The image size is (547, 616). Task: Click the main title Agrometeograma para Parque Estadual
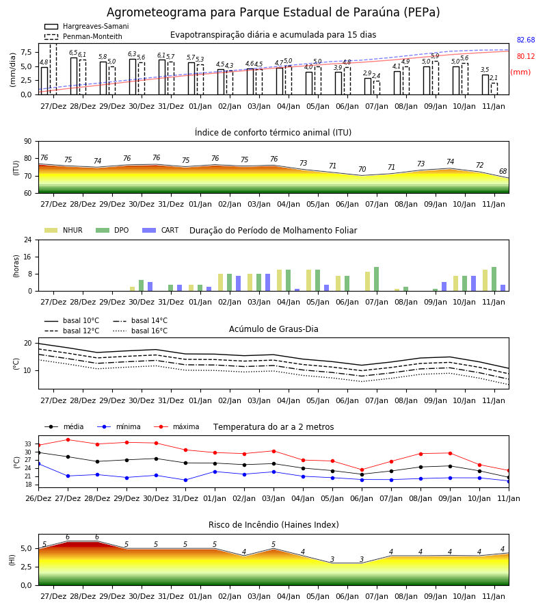[x=220, y=12]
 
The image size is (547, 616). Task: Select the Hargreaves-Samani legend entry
[x=87, y=26]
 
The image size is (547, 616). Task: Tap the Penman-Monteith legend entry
[x=83, y=36]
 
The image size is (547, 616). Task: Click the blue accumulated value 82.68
[x=526, y=40]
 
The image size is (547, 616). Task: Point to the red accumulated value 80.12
[x=526, y=57]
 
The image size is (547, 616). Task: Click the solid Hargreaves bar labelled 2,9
[x=368, y=86]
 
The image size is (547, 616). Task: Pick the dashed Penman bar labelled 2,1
[x=494, y=89]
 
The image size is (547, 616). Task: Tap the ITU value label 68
[x=503, y=171]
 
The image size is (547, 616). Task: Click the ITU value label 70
[x=362, y=169]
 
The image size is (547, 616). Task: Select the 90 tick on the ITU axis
[x=28, y=142]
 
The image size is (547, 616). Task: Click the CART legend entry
[x=161, y=230]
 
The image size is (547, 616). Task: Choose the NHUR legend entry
[x=64, y=230]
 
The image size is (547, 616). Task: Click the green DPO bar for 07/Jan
[x=376, y=279]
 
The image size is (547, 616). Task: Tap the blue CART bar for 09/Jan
[x=444, y=287]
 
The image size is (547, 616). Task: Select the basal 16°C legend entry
[x=140, y=331]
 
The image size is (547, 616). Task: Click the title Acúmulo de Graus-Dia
[x=273, y=329]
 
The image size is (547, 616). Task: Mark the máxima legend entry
[x=176, y=426]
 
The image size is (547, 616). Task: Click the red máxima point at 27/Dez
[x=68, y=439]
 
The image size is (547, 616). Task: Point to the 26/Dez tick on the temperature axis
[x=38, y=498]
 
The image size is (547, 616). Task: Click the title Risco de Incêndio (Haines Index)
[x=273, y=525]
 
